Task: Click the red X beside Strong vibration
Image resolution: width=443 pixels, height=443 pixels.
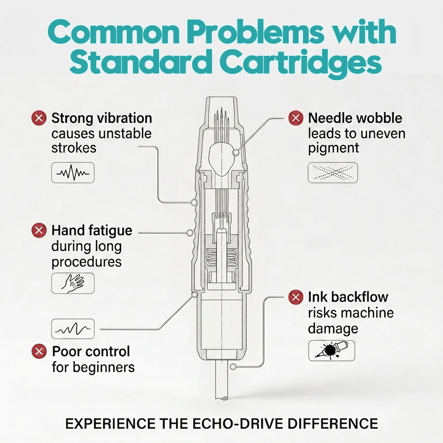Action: tap(39, 117)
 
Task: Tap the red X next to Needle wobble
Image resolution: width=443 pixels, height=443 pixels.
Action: tap(296, 117)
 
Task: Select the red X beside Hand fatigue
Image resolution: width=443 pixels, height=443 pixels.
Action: tap(39, 230)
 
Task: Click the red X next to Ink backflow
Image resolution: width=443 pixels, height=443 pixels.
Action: tap(296, 297)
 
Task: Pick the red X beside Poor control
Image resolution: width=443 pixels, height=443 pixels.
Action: tap(39, 351)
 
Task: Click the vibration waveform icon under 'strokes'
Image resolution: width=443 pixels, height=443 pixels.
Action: tap(73, 173)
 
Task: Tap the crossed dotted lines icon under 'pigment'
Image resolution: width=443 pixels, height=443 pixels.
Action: tap(333, 173)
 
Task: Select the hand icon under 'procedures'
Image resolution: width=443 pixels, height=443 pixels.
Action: tap(73, 283)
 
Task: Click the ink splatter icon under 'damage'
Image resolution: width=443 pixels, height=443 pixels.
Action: tap(332, 350)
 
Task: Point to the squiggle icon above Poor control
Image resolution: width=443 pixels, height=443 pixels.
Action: tap(73, 329)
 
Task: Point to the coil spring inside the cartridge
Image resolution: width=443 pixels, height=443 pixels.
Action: tap(221, 258)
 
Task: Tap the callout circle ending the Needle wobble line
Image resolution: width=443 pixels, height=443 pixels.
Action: tap(236, 153)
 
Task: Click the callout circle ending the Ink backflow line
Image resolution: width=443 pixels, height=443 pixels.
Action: tap(233, 367)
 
